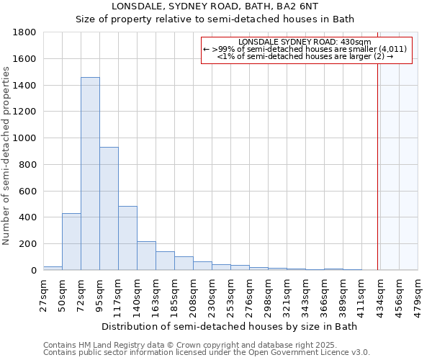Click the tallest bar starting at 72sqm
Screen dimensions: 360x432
[x=90, y=174]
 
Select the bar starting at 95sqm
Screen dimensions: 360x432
[x=109, y=209]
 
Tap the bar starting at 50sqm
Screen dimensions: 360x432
[x=71, y=241]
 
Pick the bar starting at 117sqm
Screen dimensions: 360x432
[x=127, y=238]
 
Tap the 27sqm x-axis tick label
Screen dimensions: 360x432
[x=44, y=294]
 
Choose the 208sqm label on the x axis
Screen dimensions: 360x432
[x=194, y=294]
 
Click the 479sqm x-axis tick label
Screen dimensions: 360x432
[x=418, y=294]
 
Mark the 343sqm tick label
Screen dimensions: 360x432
[x=306, y=294]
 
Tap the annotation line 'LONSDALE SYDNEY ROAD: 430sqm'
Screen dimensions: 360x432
[x=305, y=42]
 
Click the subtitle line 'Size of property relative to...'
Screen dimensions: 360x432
[x=215, y=19]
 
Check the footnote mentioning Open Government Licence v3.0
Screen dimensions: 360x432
[x=207, y=352]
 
